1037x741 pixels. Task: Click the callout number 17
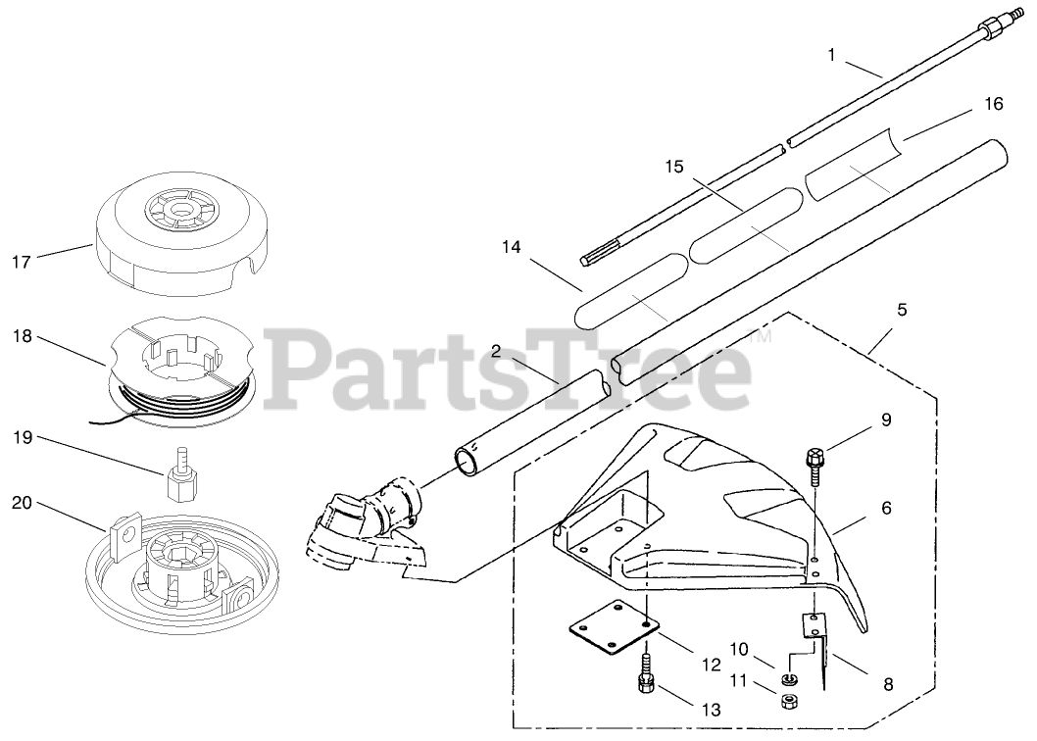22,262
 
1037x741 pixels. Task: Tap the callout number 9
885,420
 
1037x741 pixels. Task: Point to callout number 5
902,310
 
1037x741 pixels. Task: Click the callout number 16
993,103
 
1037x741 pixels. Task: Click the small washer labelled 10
788,678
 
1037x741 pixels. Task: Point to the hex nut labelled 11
787,700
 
